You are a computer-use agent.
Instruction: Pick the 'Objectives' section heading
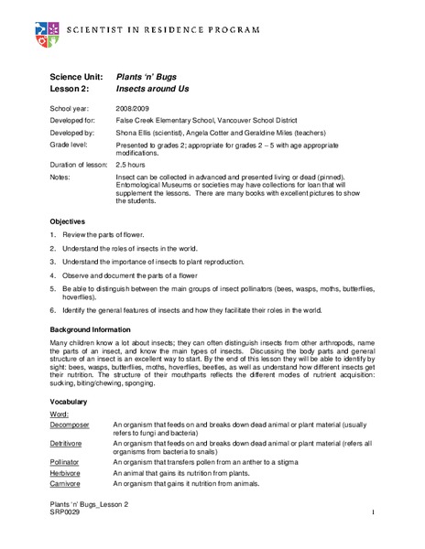[67, 221]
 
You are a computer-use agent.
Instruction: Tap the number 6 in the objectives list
[53, 310]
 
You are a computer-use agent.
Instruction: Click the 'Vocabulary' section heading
[69, 401]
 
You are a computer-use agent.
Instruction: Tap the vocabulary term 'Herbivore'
[68, 473]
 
